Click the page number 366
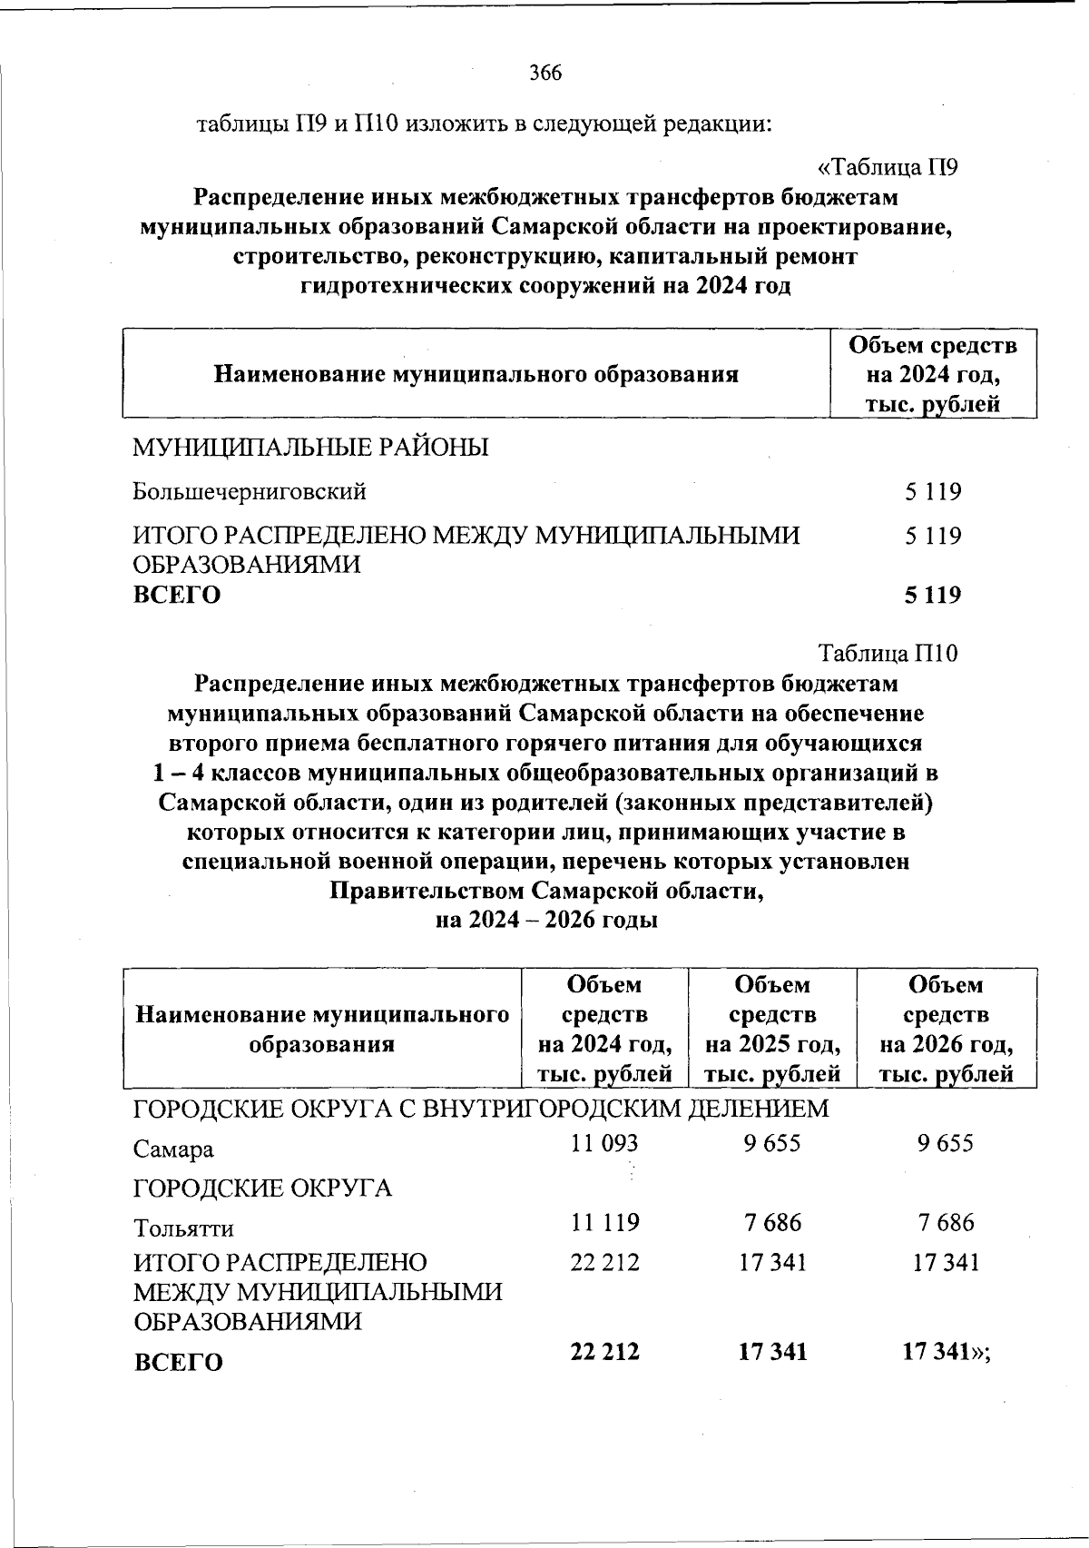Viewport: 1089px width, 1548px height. [x=545, y=74]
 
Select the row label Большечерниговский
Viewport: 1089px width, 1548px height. [x=250, y=492]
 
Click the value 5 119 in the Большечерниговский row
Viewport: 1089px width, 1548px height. [x=932, y=492]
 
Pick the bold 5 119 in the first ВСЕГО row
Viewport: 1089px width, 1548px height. [x=932, y=596]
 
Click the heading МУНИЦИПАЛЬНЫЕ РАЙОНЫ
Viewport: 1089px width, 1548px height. [x=311, y=448]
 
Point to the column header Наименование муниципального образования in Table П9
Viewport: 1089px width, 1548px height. [x=476, y=374]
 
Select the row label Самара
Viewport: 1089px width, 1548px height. [x=174, y=1149]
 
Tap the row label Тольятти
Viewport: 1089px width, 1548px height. [x=183, y=1228]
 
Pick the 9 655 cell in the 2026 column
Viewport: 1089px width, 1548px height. [x=945, y=1143]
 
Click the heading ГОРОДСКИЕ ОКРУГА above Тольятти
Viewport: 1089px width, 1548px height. [x=263, y=1188]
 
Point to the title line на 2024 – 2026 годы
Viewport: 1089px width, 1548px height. [x=546, y=920]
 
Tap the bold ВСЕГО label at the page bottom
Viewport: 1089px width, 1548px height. [x=178, y=1362]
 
